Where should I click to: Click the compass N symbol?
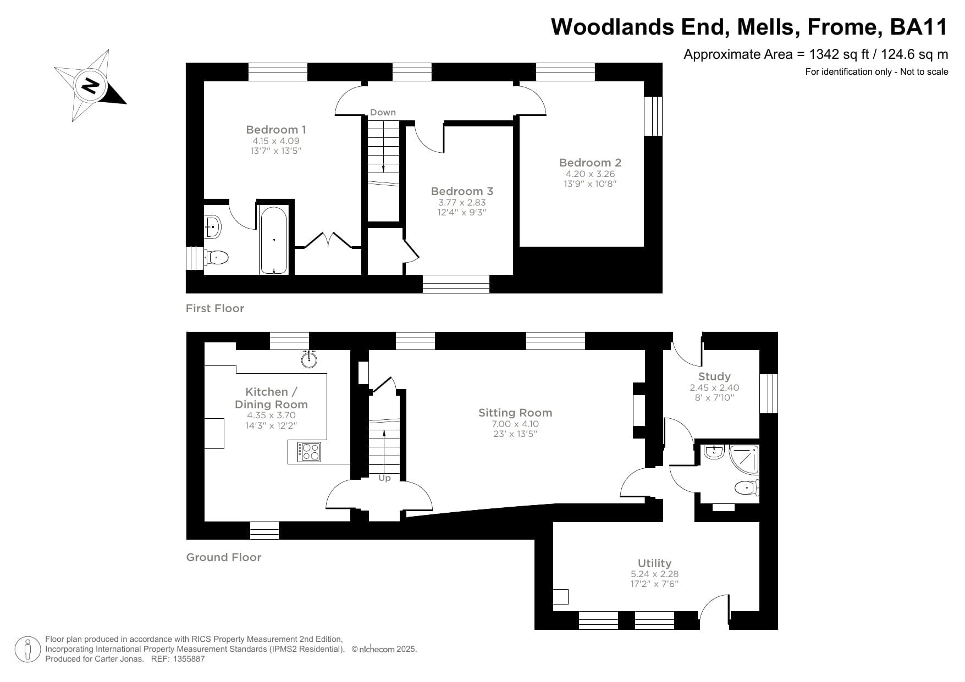[90, 85]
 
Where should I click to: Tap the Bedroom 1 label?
[275, 130]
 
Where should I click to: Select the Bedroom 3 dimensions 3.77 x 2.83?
[461, 202]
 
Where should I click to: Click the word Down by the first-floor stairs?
[383, 112]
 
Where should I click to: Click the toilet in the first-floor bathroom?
[217, 257]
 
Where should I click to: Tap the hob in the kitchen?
[309, 452]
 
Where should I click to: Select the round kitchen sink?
[310, 359]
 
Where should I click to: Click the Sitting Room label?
[515, 413]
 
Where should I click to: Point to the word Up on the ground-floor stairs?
[384, 478]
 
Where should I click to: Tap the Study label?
[714, 376]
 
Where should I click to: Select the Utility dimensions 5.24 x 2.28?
[654, 574]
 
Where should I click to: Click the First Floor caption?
[215, 308]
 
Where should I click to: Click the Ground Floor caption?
[224, 557]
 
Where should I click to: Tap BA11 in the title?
[919, 27]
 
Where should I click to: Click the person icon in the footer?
[27, 649]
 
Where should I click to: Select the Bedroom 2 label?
[590, 163]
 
